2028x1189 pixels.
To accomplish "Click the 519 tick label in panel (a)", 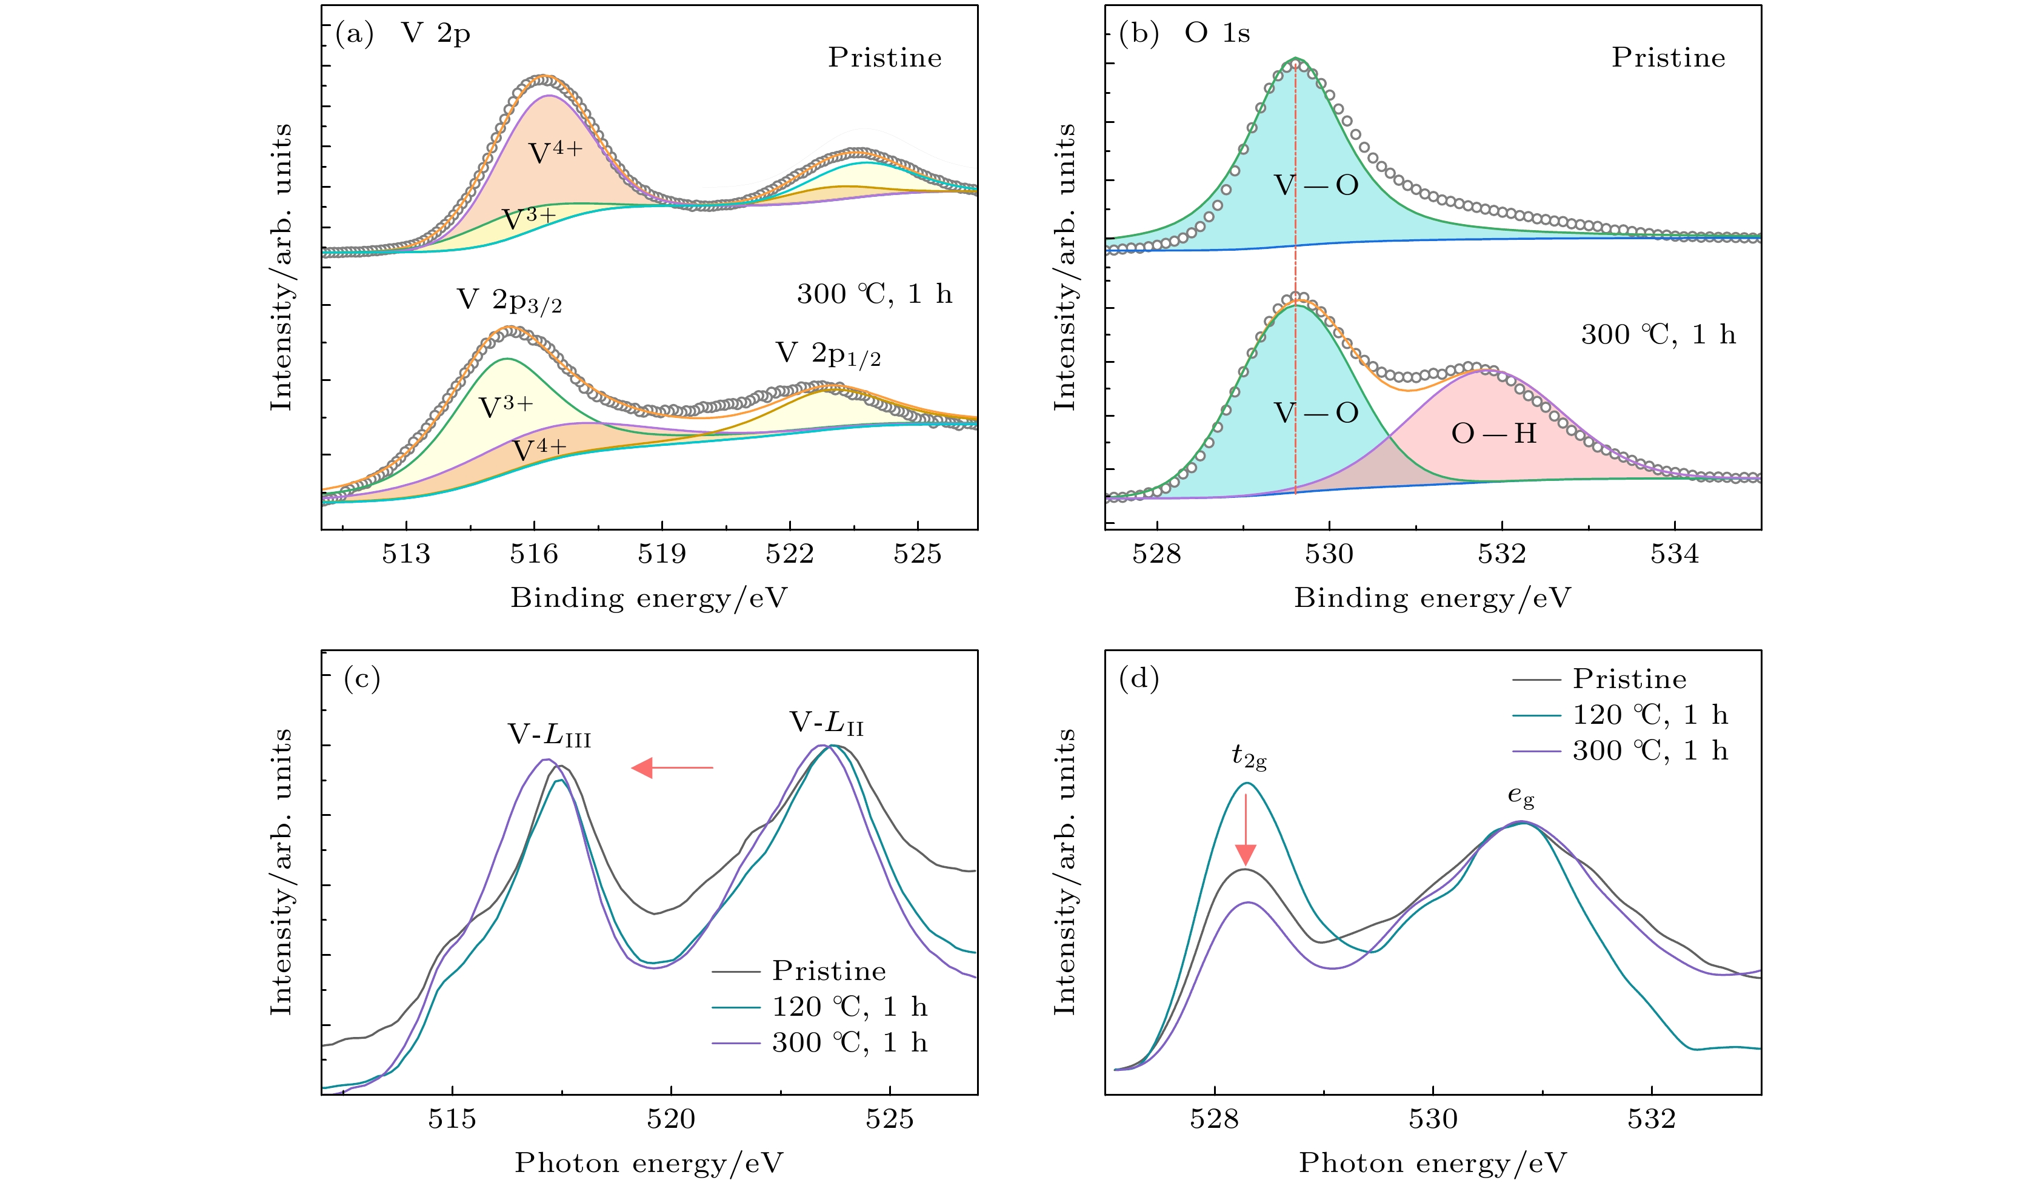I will [x=661, y=554].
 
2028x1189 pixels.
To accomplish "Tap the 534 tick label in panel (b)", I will [x=1674, y=554].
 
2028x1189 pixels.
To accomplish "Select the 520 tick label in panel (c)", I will [x=670, y=1119].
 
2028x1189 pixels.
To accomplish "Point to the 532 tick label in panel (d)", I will [x=1652, y=1119].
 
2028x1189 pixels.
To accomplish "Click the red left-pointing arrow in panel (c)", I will [x=672, y=768].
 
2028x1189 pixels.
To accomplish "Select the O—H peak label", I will [x=1493, y=434].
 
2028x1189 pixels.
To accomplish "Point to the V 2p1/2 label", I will [x=828, y=354].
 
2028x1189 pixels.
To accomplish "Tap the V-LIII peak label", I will [x=549, y=735].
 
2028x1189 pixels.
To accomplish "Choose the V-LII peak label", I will [x=827, y=723].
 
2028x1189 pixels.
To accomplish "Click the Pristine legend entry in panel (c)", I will [x=829, y=971].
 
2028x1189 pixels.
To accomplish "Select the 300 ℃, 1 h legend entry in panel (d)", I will [x=1650, y=750].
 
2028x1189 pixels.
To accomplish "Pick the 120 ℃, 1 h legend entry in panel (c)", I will [x=849, y=1007].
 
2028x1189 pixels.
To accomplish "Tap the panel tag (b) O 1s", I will [x=1184, y=34].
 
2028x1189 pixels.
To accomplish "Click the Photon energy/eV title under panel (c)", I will [x=649, y=1162].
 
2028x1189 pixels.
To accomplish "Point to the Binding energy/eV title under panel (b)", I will [x=1432, y=598].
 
